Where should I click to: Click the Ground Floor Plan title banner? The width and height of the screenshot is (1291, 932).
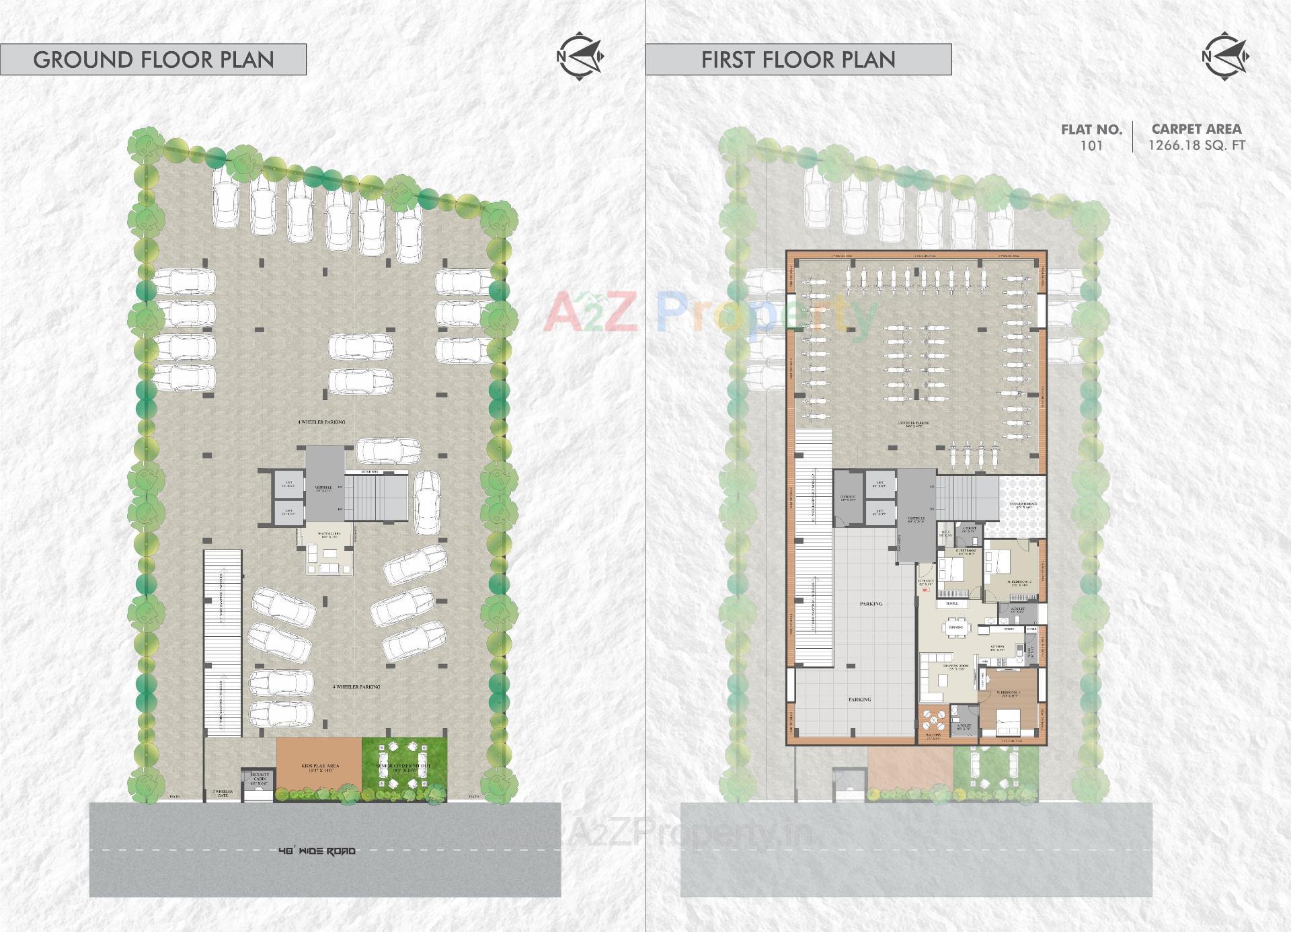(153, 59)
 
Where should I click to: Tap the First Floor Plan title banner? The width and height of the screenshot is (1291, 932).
(798, 59)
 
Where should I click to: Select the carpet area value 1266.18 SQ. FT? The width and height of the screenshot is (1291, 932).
(1196, 145)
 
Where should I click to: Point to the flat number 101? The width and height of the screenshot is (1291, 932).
(1091, 145)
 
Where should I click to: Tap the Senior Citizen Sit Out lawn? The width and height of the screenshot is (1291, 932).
(404, 767)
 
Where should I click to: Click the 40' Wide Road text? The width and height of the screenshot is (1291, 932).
(317, 851)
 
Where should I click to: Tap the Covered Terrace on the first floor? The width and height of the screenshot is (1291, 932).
(1023, 504)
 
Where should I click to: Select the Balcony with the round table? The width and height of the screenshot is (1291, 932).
(933, 723)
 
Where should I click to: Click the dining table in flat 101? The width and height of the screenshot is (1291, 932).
(955, 627)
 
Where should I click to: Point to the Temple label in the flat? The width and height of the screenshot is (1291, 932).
(952, 604)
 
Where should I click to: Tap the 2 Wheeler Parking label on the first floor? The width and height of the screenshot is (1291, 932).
(912, 424)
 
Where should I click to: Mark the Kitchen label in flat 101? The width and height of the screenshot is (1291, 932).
(997, 647)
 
